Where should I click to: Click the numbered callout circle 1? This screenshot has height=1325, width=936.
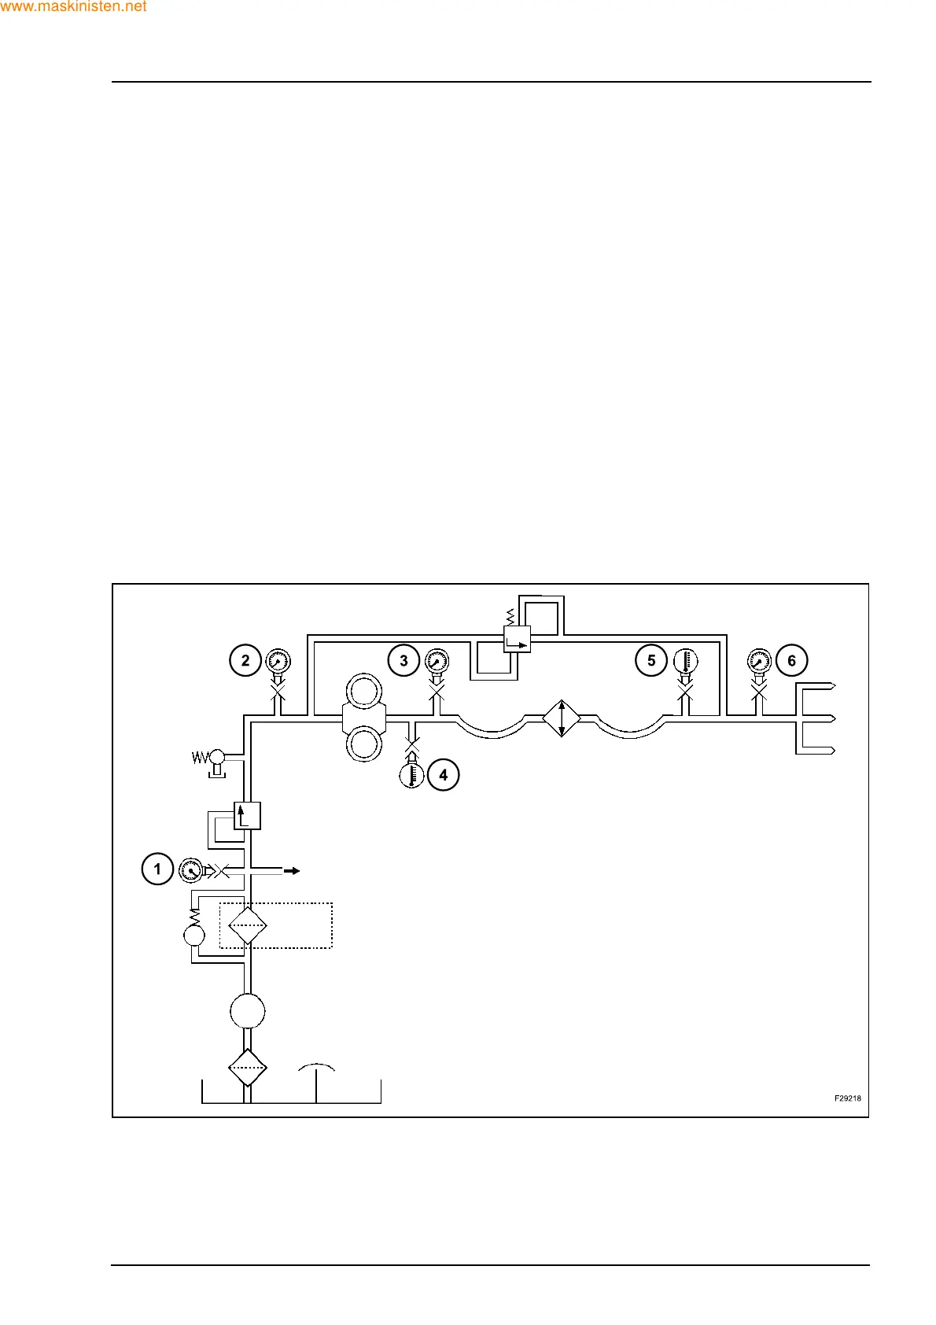pyautogui.click(x=157, y=869)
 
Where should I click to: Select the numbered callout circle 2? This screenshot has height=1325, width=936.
pyautogui.click(x=245, y=660)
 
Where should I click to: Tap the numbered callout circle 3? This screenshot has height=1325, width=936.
pyautogui.click(x=404, y=660)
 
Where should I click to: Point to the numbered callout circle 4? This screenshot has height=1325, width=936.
pyautogui.click(x=443, y=775)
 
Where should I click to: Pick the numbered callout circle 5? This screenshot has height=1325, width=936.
pyautogui.click(x=651, y=660)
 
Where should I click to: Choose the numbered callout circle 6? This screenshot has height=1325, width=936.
pyautogui.click(x=791, y=660)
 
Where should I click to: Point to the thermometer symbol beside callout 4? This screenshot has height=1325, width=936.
pyautogui.click(x=411, y=775)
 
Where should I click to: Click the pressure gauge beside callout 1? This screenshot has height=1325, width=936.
pyautogui.click(x=190, y=870)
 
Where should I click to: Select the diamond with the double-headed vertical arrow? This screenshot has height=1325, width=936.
pyautogui.click(x=562, y=718)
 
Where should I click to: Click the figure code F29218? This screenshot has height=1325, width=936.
pyautogui.click(x=847, y=1098)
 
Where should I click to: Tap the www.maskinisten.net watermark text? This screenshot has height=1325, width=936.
pyautogui.click(x=74, y=6)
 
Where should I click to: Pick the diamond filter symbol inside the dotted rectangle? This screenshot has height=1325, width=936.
pyautogui.click(x=248, y=925)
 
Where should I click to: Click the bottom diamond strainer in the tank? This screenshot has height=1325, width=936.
pyautogui.click(x=248, y=1068)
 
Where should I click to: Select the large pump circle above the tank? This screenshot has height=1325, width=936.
pyautogui.click(x=248, y=1011)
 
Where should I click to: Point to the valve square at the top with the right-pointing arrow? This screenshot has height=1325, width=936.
pyautogui.click(x=517, y=639)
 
